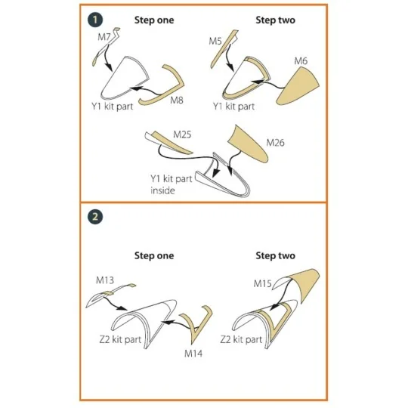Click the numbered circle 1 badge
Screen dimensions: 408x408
click(95, 20)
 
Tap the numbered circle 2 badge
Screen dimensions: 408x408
click(95, 217)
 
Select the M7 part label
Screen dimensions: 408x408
click(104, 37)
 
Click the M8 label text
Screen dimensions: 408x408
click(177, 100)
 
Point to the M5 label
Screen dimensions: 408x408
click(215, 41)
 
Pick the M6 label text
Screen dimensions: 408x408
click(301, 61)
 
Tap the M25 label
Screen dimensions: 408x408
click(182, 134)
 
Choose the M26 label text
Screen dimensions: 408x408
click(275, 143)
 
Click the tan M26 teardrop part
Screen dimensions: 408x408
click(249, 144)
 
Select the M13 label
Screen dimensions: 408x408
click(105, 280)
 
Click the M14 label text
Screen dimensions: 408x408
click(193, 354)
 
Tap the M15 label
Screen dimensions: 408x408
click(262, 283)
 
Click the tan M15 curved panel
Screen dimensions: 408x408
click(307, 283)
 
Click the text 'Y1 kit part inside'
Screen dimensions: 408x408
click(172, 184)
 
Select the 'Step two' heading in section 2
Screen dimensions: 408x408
click(275, 255)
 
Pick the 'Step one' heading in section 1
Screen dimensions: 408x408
click(154, 20)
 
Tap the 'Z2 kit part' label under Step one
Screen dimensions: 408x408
click(120, 339)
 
